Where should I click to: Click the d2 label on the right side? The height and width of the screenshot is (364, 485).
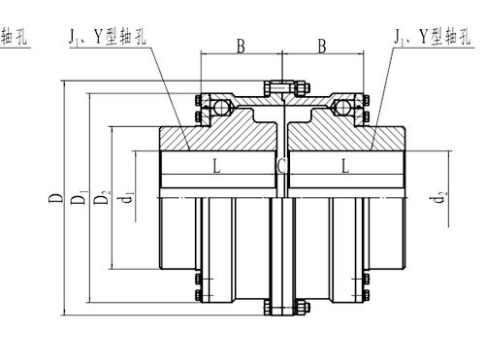(441, 203)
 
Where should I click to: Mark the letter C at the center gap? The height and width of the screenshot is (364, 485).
(280, 167)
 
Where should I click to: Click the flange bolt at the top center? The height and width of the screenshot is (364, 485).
(280, 90)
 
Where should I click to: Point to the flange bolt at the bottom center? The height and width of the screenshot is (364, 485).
(280, 309)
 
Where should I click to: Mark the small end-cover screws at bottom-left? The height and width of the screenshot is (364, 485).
(199, 290)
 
